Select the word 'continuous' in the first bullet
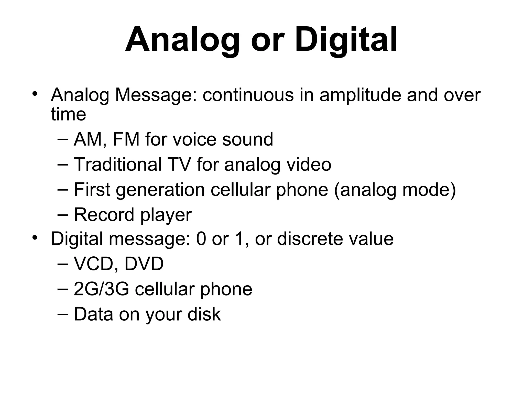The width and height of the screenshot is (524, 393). pos(248,95)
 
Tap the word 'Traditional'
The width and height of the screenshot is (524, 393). pos(118,164)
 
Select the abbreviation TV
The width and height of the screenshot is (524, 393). pos(179,164)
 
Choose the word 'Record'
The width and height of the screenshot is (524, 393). pos(104,215)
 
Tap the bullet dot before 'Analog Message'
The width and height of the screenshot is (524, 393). pos(35,93)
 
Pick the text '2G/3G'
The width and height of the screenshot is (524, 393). pos(101,289)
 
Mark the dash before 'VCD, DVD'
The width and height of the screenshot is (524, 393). pos(63,264)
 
